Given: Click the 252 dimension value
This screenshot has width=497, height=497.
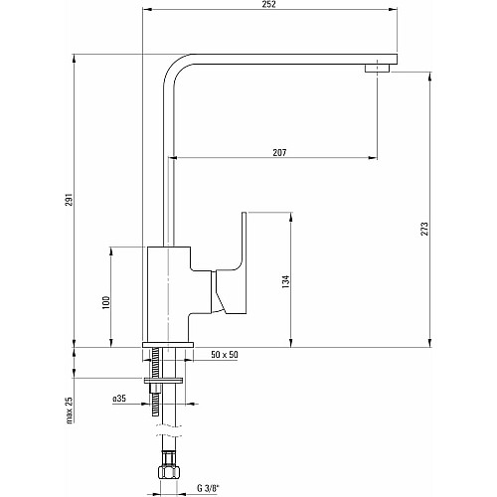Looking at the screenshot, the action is tap(269, 4).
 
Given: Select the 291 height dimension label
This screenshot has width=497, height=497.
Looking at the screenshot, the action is tap(69, 199).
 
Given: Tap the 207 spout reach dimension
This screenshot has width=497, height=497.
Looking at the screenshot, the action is tap(279, 152).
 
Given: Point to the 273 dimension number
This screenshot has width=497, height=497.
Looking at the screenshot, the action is tap(424, 229).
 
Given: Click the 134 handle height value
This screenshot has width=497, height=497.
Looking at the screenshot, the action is tap(285, 281).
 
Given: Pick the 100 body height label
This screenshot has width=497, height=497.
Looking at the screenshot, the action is tap(105, 302).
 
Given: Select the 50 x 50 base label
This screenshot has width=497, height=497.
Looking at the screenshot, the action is tap(225, 355).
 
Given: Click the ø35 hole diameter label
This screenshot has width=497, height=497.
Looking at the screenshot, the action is tap(119, 399).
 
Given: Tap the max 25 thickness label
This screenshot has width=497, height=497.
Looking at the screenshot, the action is tap(70, 411).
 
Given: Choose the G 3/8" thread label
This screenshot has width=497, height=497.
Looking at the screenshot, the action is tap(209, 488).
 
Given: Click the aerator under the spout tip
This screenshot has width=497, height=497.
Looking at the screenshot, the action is tap(378, 69).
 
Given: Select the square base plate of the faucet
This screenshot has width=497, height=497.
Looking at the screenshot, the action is tap(167, 345).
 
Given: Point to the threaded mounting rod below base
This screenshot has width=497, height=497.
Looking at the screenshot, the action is tap(156, 381).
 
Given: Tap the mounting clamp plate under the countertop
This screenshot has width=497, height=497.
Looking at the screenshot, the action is tap(164, 381).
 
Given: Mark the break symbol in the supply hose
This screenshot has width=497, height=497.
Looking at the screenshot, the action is tap(169, 430).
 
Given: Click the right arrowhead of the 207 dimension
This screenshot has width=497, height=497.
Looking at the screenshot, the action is tap(373, 158).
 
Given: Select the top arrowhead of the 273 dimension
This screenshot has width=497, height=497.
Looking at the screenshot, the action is tap(429, 78).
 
